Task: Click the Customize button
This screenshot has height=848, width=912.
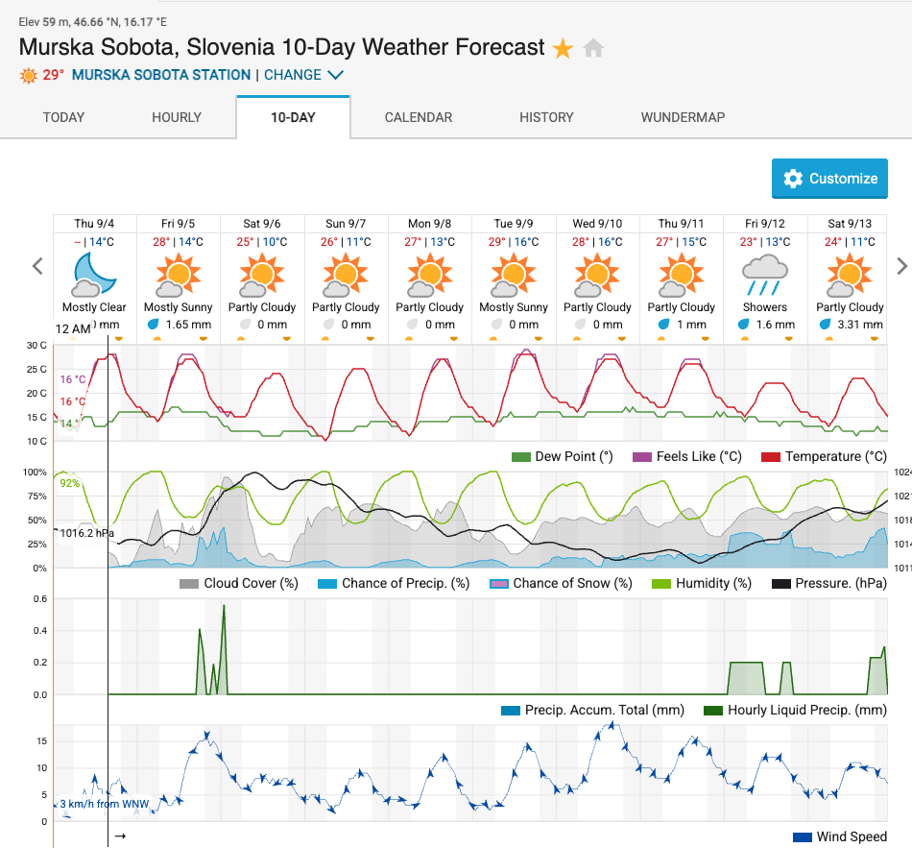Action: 829,179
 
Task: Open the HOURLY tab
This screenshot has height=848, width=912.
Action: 177,117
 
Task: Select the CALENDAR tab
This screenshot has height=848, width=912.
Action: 419,117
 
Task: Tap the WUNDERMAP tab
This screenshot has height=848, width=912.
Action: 683,117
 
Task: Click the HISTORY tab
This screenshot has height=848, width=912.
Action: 546,117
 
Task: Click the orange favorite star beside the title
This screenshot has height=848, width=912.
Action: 563,48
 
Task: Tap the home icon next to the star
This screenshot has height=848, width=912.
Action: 594,48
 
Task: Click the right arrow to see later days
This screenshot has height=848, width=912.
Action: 901,266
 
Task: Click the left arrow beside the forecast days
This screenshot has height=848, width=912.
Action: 38,266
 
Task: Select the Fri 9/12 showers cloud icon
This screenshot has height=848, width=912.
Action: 765,274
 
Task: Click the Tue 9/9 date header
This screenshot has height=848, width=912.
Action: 514,223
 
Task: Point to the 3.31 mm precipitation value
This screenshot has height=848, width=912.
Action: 857,325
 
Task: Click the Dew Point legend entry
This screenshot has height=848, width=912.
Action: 562,456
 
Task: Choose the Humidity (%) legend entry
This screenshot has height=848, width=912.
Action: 702,583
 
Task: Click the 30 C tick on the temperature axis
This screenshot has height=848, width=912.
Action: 36,346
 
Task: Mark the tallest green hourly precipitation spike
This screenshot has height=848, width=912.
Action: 224,608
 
